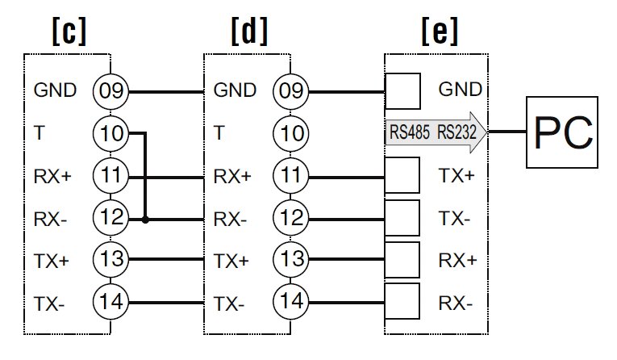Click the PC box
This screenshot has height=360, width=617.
click(x=562, y=132)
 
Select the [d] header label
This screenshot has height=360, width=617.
click(x=248, y=31)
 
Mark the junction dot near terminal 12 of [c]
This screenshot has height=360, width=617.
click(x=145, y=219)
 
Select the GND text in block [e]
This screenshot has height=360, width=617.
click(x=458, y=89)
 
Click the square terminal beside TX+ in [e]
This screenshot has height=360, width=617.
click(x=403, y=175)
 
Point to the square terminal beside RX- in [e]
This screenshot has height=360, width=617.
click(x=403, y=303)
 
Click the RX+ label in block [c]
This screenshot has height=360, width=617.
click(x=52, y=175)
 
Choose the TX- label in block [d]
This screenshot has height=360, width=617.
click(x=228, y=303)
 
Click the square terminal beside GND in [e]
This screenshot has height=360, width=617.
click(x=403, y=90)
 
